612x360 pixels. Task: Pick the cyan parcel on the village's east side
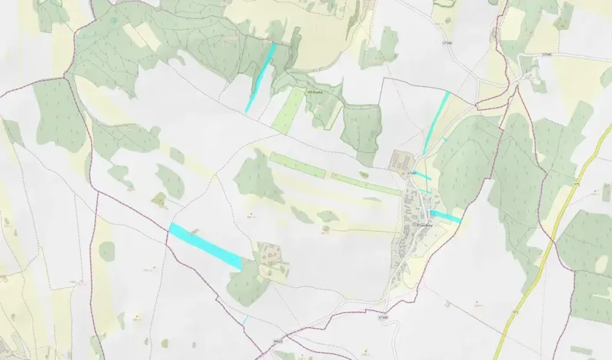[x=445, y=216]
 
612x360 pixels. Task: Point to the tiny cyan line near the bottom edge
[x=245, y=319]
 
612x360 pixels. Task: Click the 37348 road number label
[x=384, y=316]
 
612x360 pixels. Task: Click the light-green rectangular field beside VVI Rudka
[x=288, y=109]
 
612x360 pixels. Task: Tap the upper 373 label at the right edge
[x=576, y=185]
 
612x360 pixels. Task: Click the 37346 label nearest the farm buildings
[x=412, y=174]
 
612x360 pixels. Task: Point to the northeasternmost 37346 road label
[x=547, y=54]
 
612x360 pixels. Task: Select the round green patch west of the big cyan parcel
[x=107, y=251]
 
